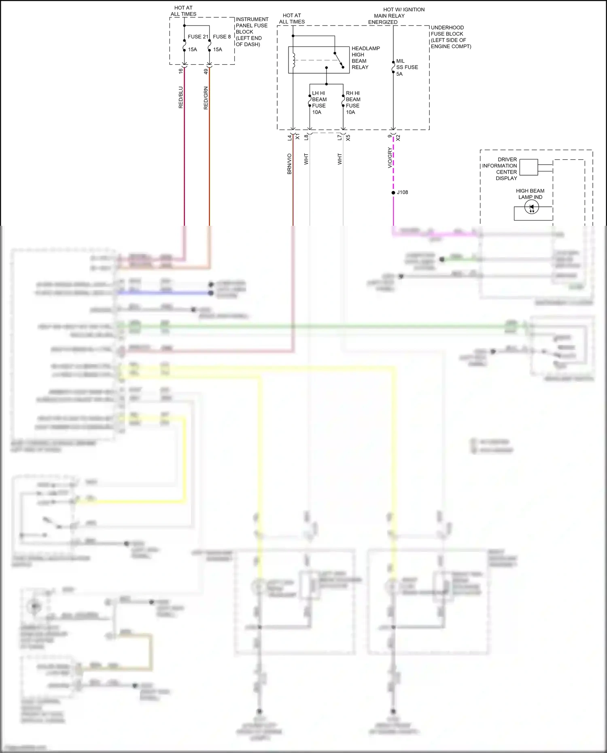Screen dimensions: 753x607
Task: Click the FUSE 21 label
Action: click(x=197, y=37)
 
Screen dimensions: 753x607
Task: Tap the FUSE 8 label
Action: click(x=222, y=37)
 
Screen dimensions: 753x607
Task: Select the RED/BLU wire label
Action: click(x=181, y=97)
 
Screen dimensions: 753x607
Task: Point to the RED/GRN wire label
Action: click(x=206, y=98)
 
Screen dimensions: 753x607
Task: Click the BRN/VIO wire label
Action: click(x=289, y=164)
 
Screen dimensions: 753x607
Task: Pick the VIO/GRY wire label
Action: click(x=390, y=158)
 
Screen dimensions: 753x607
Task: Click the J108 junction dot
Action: click(x=393, y=193)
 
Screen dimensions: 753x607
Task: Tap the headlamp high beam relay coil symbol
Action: click(x=294, y=60)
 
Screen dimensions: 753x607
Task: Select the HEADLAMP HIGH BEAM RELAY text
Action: click(x=365, y=58)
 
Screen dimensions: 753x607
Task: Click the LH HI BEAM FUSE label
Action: click(x=319, y=102)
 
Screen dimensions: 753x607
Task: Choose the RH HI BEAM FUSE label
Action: click(x=353, y=102)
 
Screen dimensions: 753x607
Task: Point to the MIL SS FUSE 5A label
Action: click(x=407, y=68)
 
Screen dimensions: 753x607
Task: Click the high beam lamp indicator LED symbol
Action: click(x=531, y=208)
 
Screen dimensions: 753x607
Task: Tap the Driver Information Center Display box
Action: click(x=528, y=167)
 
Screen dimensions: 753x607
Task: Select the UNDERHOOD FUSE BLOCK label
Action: click(x=451, y=37)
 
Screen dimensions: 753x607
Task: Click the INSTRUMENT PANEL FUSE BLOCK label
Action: click(x=251, y=32)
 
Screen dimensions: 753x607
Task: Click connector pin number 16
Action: click(x=181, y=71)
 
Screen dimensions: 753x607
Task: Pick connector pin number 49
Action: click(x=206, y=71)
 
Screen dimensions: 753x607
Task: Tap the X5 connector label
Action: click(x=348, y=138)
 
